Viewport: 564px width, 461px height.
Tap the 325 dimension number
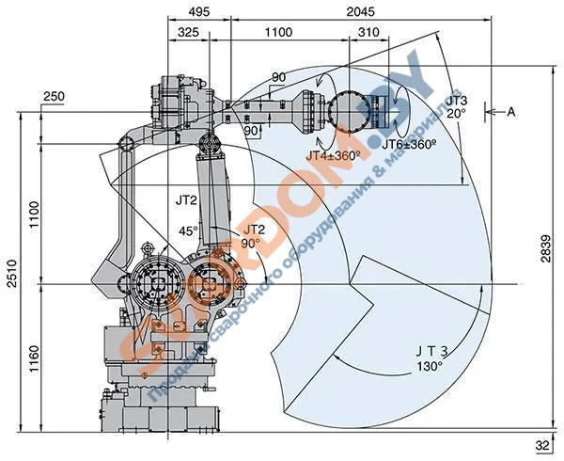188,32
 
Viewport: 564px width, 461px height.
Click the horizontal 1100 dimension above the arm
278,32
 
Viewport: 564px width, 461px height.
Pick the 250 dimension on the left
54,97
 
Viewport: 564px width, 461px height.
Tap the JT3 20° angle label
456,106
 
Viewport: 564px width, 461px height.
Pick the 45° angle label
188,230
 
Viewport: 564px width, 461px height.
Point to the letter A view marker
512,112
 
